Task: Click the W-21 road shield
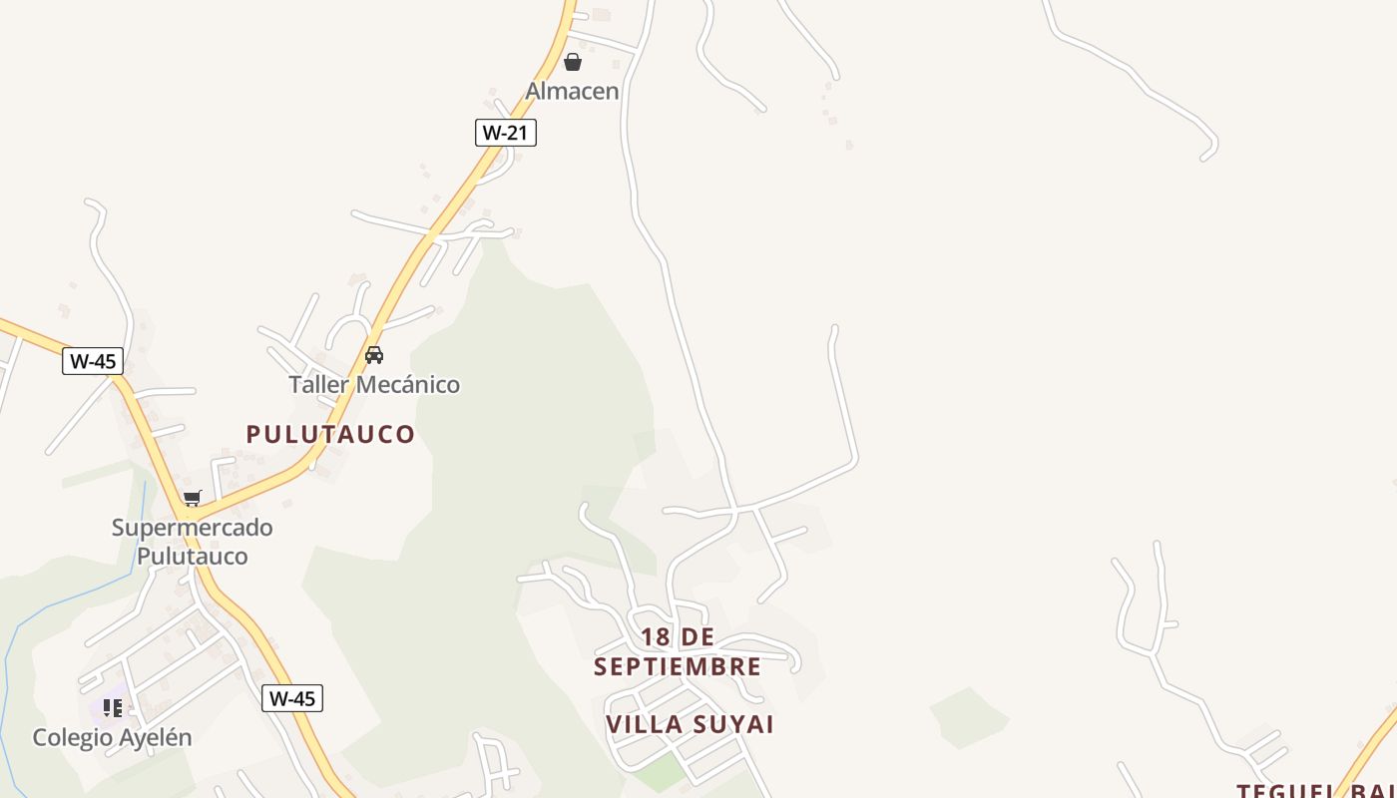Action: tap(505, 132)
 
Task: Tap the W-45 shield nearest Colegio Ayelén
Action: tap(292, 698)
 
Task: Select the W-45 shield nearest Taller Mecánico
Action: tap(93, 361)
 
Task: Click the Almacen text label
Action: tap(573, 91)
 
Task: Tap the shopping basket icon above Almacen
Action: tap(573, 62)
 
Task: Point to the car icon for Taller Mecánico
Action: tap(374, 354)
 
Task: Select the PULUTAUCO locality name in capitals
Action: tap(330, 434)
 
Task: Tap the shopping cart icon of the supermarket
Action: tap(192, 498)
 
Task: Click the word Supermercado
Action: tap(193, 527)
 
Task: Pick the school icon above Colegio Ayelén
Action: tap(113, 708)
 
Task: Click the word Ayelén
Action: tap(156, 738)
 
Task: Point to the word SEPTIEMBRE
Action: tap(678, 666)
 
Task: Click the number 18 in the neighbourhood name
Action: tap(655, 636)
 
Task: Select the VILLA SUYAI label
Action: tap(691, 724)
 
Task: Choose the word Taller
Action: tap(314, 384)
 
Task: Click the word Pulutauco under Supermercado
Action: tap(192, 556)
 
